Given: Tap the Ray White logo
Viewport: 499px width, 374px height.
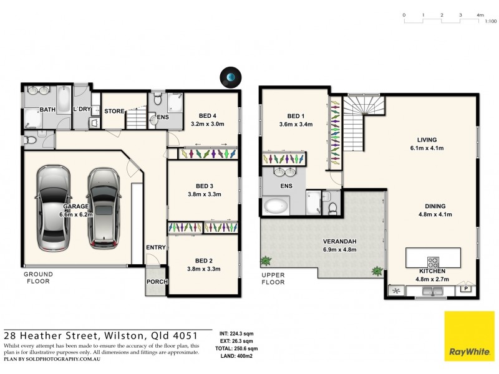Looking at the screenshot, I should tap(469, 337).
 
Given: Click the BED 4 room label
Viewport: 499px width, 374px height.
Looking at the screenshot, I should tap(208, 116).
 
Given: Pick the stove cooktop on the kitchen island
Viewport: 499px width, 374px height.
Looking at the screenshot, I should tap(434, 261).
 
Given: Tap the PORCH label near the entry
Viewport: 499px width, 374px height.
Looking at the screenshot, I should tap(156, 281).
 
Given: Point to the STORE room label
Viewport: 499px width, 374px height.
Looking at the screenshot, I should tap(114, 111).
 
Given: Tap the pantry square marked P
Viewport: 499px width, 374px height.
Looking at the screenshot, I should tap(465, 288).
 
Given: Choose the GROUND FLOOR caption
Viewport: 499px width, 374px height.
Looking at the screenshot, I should tap(38, 277).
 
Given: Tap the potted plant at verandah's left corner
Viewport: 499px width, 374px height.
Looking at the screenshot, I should tap(266, 260).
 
